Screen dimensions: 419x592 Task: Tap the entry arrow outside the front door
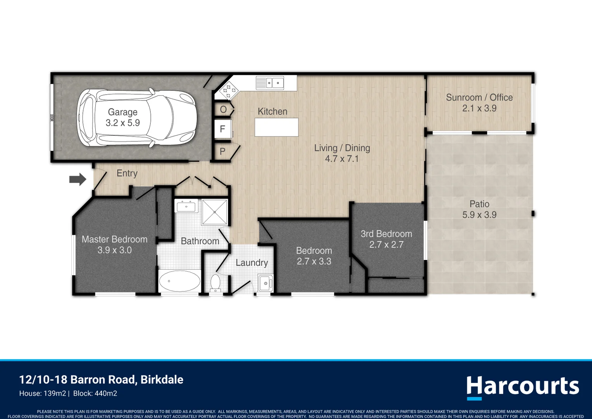pos(77,179)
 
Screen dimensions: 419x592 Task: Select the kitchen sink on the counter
pos(270,83)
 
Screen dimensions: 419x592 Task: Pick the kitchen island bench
pos(276,127)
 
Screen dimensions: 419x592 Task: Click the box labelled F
pos(223,129)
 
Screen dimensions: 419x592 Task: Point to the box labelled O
pos(223,109)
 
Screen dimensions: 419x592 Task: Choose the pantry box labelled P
pos(222,151)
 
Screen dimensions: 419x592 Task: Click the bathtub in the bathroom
pos(179,281)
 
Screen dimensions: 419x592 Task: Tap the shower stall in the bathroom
pos(214,212)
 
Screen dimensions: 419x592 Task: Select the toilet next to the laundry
pos(215,282)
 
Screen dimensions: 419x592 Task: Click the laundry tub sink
pos(265,283)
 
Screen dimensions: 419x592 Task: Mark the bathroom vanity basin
pos(186,206)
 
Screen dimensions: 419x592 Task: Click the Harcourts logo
pos(522,387)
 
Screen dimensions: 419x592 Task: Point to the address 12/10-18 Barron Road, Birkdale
pos(101,379)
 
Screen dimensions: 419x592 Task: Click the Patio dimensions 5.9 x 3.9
pos(479,215)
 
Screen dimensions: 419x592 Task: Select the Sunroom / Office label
pos(479,97)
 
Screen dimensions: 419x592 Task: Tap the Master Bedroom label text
pos(114,239)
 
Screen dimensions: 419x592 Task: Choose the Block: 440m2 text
pos(95,393)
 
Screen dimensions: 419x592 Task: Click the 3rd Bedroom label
pos(386,234)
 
